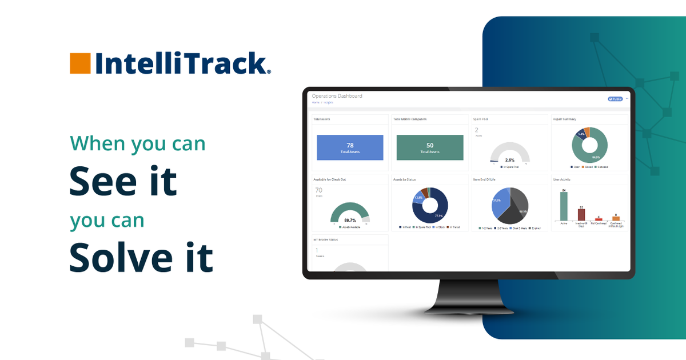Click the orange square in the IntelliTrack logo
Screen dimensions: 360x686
click(80, 63)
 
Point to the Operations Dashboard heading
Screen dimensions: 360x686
click(337, 96)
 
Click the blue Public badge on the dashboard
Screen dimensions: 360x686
click(615, 99)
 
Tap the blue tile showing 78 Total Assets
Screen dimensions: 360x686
click(350, 147)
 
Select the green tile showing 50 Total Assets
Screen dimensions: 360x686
click(430, 147)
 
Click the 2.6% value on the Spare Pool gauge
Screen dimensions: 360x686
click(510, 160)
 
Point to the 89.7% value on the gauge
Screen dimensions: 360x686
click(350, 219)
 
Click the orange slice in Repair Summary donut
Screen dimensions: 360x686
click(587, 132)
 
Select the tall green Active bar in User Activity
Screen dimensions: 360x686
click(564, 206)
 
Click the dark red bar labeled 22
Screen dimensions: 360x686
click(581, 214)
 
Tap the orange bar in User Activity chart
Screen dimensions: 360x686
click(616, 218)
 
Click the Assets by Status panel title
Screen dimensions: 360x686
click(405, 179)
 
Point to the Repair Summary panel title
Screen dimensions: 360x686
click(564, 119)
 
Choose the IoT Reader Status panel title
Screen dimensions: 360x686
click(326, 239)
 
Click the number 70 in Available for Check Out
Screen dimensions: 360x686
click(319, 190)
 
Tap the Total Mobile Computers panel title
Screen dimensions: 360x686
click(410, 119)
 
